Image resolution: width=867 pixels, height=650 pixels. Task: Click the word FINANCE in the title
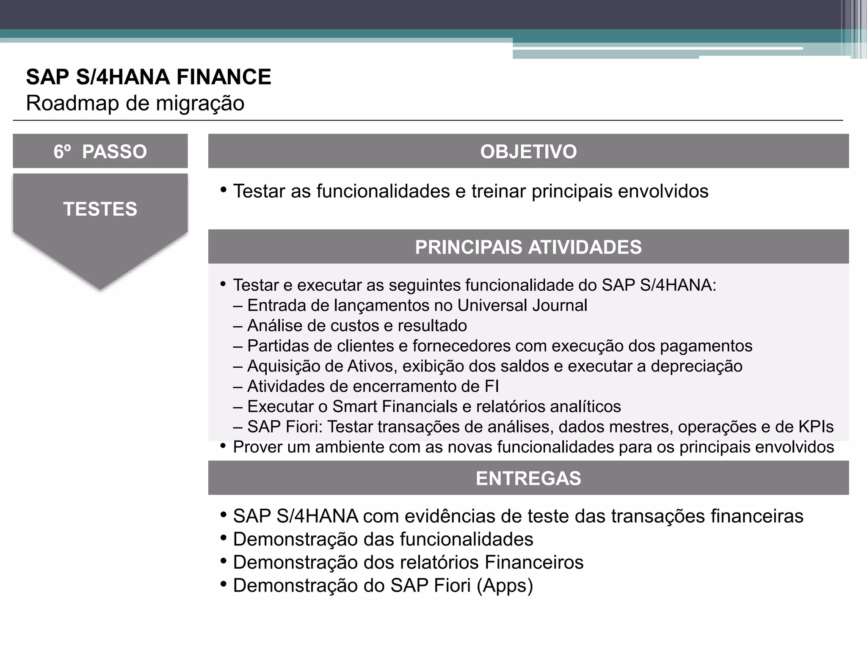224,77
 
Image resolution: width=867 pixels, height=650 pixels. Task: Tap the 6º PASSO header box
100,151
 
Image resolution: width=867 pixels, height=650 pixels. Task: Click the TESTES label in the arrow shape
100,209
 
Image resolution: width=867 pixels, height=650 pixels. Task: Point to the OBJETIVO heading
528,151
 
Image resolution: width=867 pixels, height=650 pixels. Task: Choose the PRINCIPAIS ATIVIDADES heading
528,247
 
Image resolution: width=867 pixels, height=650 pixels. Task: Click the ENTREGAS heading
528,478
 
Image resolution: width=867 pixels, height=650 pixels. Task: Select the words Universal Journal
522,306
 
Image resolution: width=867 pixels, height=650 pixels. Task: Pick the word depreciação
696,366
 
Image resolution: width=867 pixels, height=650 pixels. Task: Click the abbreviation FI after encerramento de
492,386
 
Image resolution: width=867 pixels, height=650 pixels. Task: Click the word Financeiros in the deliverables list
534,562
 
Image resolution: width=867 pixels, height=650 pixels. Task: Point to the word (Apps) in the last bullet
505,586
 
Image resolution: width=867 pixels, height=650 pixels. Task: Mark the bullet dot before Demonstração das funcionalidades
223,538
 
